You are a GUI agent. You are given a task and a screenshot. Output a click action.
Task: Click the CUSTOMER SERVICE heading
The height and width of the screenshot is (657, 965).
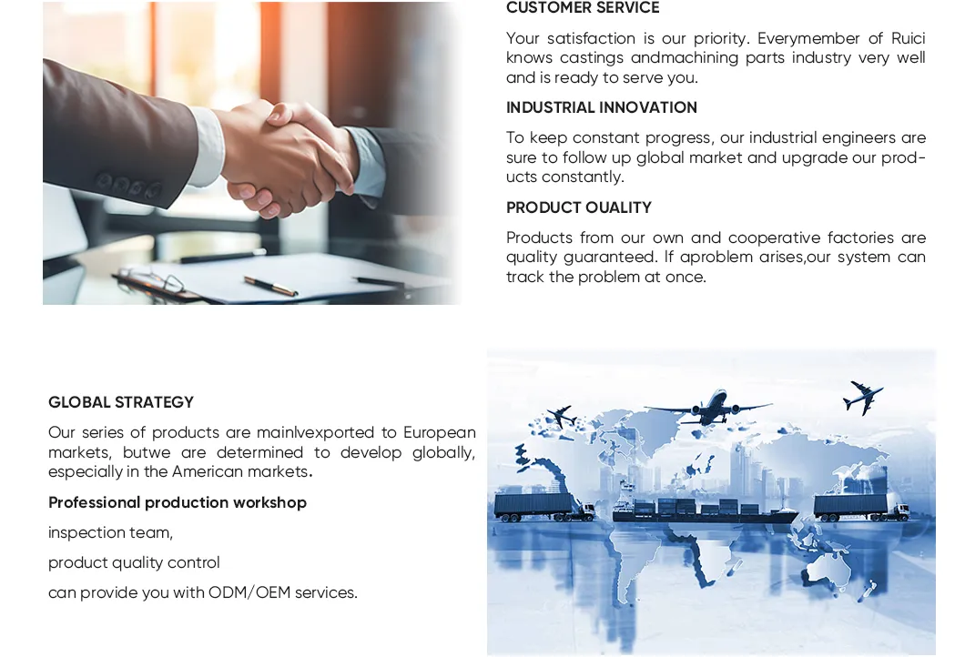(x=583, y=8)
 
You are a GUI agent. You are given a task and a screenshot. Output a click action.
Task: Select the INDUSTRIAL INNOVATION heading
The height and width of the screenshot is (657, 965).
(x=602, y=107)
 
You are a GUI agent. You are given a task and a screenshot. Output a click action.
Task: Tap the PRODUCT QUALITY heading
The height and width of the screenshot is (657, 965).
(x=579, y=207)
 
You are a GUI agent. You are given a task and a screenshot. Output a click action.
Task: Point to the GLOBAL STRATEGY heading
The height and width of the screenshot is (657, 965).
(x=121, y=402)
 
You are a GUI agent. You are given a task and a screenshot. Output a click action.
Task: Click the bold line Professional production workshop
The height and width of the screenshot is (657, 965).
(x=178, y=502)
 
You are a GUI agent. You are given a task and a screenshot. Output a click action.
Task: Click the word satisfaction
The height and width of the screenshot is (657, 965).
(x=592, y=38)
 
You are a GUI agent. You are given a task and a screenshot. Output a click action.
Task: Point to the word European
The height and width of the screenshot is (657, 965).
(x=439, y=432)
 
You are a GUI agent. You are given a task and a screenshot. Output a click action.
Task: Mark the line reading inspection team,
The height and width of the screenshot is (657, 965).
(x=110, y=532)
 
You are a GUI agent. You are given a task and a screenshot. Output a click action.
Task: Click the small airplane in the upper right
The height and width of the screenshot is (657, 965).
(x=863, y=397)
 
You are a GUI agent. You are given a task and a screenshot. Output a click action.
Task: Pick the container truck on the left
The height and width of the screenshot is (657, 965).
(x=543, y=506)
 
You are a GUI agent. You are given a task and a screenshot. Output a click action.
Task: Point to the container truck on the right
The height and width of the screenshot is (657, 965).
(x=860, y=506)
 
